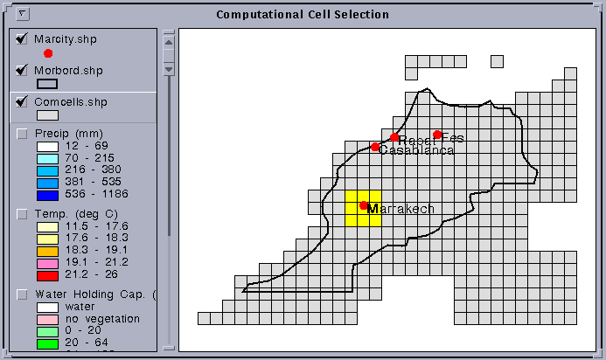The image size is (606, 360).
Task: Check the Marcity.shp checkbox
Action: coord(22,39)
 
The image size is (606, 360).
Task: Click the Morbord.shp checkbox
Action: coord(22,71)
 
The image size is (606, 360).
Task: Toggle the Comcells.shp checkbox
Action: coord(22,102)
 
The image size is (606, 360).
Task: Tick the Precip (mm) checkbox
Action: coord(22,133)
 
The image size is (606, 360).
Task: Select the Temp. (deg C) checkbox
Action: coord(22,213)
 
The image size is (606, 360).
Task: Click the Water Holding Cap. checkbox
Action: coord(22,294)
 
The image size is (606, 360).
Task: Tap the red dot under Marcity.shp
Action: coord(48,53)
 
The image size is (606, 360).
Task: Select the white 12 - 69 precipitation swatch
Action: coord(46,146)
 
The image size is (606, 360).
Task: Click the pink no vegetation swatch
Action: coord(46,319)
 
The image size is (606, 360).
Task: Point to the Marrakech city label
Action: coord(401,209)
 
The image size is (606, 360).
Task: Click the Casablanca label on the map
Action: coord(417,150)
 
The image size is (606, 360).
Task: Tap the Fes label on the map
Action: coord(453,138)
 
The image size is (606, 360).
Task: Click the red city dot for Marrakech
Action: coord(364,205)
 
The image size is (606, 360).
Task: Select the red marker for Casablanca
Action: coord(375,147)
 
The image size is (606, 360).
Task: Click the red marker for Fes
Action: coord(437,135)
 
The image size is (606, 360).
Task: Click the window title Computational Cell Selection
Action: coord(303,15)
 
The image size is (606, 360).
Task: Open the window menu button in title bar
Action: coord(23,14)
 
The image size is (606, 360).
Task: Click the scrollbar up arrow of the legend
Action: coord(170,40)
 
